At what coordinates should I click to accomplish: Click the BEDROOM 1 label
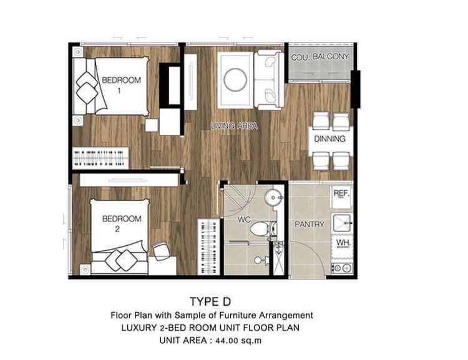tap(121, 85)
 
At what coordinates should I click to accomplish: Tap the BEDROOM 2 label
tap(122, 223)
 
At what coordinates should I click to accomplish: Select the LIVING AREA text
tap(234, 125)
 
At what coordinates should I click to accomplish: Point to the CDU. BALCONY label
tap(319, 57)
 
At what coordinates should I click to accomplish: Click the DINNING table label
tap(329, 139)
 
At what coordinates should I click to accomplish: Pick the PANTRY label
tap(310, 224)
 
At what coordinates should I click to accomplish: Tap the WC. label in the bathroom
tap(245, 220)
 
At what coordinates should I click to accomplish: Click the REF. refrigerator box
tap(341, 197)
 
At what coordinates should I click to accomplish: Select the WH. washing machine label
tap(343, 243)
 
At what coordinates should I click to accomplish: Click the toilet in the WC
tap(263, 229)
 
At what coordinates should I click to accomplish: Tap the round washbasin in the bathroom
tap(274, 197)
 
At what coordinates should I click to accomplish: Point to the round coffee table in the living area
tap(235, 80)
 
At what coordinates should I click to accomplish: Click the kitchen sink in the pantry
tap(343, 223)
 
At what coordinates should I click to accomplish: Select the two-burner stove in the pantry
tap(343, 268)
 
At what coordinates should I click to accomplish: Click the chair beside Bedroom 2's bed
tap(161, 251)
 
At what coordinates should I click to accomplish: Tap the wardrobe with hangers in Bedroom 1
tap(101, 158)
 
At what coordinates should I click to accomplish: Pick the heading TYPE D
tap(210, 301)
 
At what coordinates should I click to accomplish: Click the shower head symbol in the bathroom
tap(259, 260)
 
